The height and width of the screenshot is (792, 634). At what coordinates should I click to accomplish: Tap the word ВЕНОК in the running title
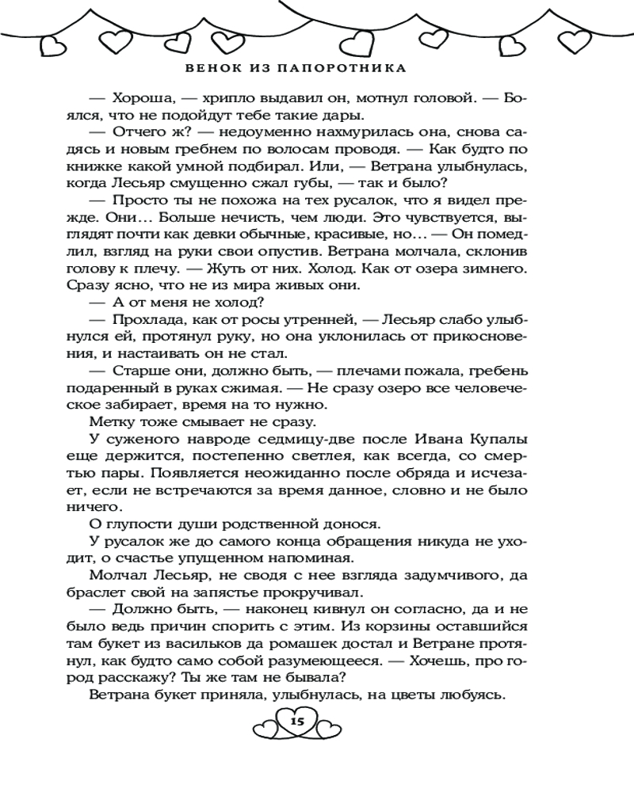click(x=208, y=68)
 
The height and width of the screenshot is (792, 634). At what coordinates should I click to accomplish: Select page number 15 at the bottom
click(x=297, y=721)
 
